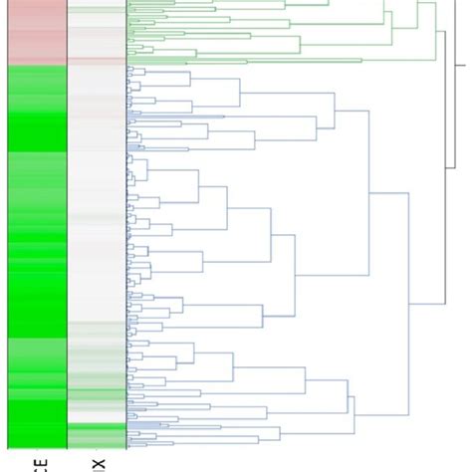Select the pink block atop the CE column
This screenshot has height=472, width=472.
point(37,30)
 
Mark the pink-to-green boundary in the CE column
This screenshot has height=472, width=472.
point(37,65)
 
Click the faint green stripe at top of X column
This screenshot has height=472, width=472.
point(97,12)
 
